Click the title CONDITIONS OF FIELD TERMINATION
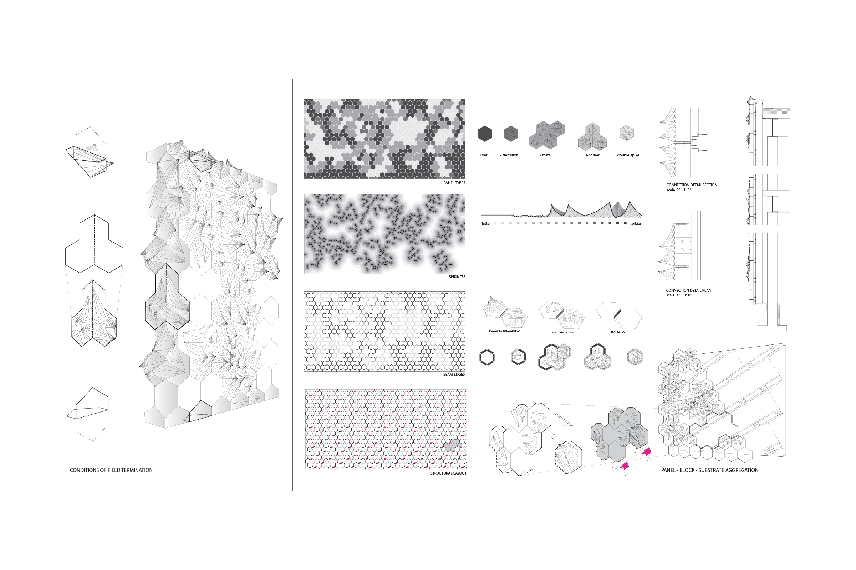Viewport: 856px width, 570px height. point(111,470)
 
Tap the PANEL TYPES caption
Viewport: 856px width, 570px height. point(454,183)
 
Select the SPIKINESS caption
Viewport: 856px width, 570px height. point(457,277)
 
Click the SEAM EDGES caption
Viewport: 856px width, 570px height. point(454,374)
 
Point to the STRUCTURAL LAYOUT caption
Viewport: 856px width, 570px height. point(448,473)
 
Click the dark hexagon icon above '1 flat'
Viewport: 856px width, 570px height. point(485,134)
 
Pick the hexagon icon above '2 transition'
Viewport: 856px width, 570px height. point(510,134)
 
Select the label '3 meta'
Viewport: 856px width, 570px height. point(545,155)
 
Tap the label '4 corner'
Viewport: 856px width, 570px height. point(592,155)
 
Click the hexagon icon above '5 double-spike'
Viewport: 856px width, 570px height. point(627,133)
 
